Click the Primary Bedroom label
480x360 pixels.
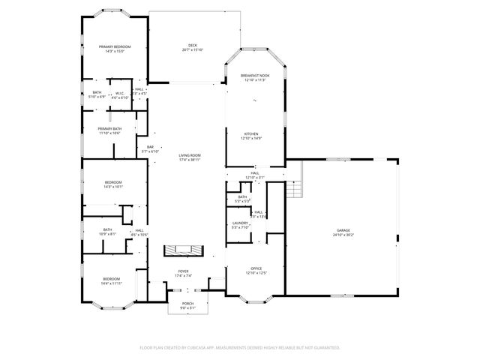point(115,46)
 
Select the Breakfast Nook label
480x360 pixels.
point(255,76)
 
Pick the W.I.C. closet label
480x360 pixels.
point(119,93)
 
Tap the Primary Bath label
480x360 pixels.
point(109,128)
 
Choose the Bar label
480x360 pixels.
point(150,147)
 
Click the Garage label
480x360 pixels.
point(343,230)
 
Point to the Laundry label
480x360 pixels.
point(240,223)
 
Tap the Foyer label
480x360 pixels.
point(183,271)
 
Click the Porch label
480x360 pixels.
point(187,303)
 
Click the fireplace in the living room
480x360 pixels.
point(183,249)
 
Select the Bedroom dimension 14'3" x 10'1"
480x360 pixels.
point(113,187)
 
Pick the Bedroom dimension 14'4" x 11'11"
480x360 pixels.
point(111,283)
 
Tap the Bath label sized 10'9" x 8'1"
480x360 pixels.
point(107,229)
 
